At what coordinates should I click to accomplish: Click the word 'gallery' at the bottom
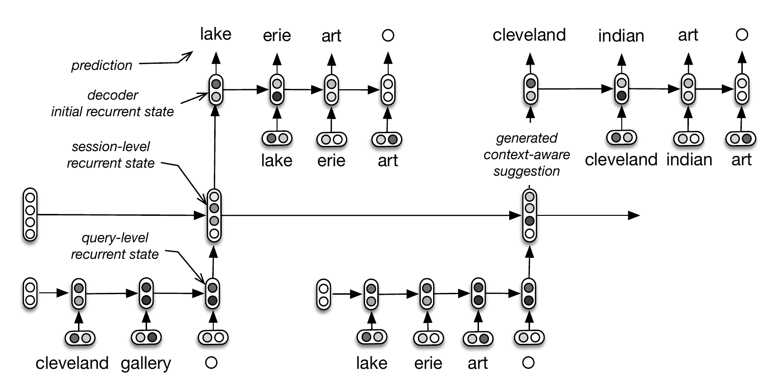pos(146,363)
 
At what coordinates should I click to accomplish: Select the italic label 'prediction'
pos(102,65)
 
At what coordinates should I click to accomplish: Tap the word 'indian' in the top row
pos(621,36)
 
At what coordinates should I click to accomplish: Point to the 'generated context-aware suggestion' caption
pos(526,154)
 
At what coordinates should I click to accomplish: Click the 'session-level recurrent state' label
pos(111,154)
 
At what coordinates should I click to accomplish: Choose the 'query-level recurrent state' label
pos(115,246)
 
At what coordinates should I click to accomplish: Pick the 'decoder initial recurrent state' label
pos(113,103)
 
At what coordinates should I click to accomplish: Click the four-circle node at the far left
pos(30,215)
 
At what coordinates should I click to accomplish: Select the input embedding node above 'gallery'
pos(146,338)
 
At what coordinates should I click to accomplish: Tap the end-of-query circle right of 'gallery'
pos(211,363)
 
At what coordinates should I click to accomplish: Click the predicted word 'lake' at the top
pos(216,34)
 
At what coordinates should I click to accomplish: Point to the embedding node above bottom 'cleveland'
pos(80,338)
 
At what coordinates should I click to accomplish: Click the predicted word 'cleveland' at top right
pos(529,35)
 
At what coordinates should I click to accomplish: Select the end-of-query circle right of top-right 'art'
pos(742,35)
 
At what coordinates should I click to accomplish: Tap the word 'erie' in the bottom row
pos(428,363)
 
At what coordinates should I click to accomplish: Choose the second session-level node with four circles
pos(530,215)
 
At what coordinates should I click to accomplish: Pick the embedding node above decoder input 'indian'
pos(688,139)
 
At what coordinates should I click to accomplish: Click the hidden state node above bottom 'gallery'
pos(146,293)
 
